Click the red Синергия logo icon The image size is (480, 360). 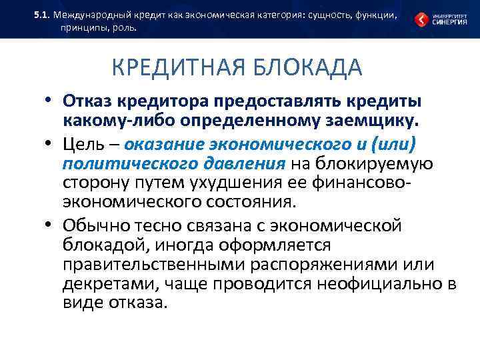click(x=422, y=20)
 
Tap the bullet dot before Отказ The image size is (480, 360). click(x=49, y=101)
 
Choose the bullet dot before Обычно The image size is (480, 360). click(x=49, y=225)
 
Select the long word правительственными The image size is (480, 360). click(x=154, y=265)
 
